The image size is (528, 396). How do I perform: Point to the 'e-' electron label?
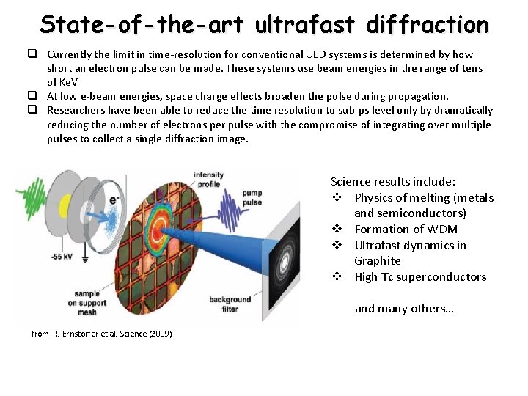click(115, 199)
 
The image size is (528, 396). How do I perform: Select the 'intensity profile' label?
click(208, 180)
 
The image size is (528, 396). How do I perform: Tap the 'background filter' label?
click(230, 304)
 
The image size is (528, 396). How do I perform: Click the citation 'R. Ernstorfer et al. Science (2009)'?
click(102, 334)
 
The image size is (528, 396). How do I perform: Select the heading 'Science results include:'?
click(393, 181)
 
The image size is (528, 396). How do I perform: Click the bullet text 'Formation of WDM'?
click(406, 229)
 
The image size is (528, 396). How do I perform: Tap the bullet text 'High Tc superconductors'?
click(420, 276)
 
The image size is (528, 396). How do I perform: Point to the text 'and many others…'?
click(404, 308)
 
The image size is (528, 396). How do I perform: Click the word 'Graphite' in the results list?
click(377, 260)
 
